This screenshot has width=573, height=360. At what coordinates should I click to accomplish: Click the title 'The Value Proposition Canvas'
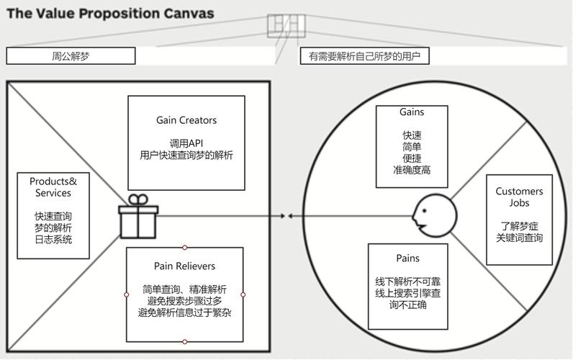point(110,13)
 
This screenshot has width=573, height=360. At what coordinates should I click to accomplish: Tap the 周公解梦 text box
point(71,56)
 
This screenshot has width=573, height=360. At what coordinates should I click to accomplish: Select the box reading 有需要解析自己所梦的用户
point(364,56)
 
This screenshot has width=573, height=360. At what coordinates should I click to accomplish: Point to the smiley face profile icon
point(434,215)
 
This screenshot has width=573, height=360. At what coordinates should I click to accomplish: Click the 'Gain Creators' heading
point(186,120)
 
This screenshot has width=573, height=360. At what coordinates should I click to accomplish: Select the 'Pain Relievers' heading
point(184,266)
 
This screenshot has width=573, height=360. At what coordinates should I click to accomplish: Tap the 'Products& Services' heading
point(53,187)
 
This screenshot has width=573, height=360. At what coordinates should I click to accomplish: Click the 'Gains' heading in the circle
point(412,112)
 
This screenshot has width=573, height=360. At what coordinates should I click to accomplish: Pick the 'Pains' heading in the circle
point(407,258)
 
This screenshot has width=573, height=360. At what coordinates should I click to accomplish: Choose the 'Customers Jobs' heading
point(519,197)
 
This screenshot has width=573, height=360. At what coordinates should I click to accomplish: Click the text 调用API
point(186,143)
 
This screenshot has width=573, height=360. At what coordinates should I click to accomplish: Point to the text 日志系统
point(53,240)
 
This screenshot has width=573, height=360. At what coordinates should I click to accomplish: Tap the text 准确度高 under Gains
point(412,170)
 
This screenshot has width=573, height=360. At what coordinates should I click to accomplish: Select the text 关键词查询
point(519,238)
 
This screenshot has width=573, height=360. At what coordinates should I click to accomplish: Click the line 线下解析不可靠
point(407,280)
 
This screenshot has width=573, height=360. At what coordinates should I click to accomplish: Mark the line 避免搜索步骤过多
point(184,300)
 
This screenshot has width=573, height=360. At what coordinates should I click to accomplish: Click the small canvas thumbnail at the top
point(286,25)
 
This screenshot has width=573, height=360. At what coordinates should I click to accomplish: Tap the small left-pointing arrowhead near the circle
point(288,216)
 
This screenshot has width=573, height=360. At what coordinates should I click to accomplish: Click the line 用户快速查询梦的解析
point(186,155)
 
